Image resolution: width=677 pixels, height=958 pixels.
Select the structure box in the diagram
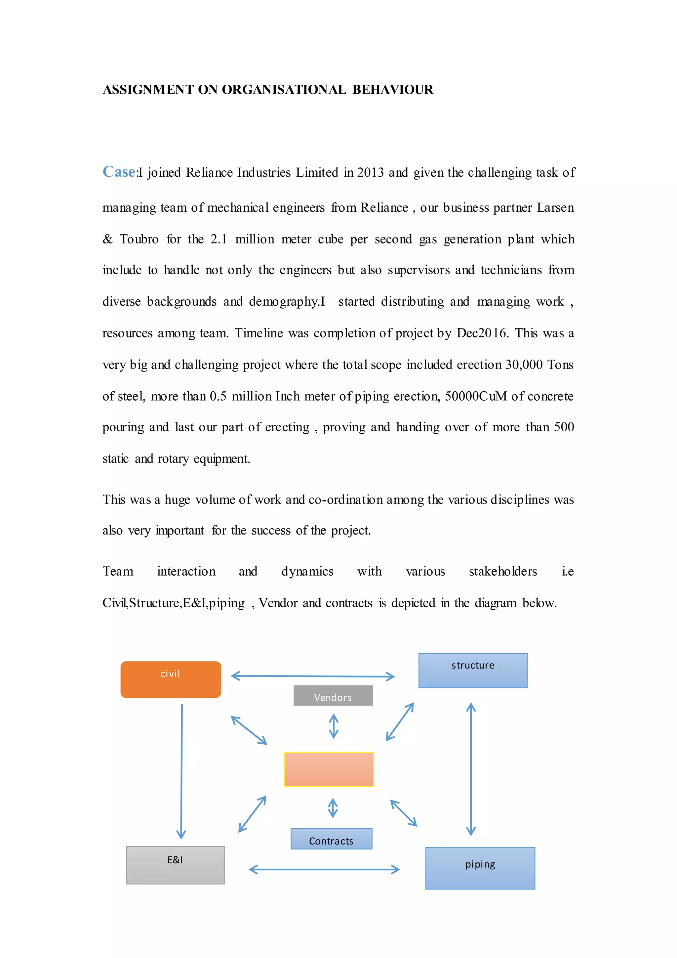tap(473, 670)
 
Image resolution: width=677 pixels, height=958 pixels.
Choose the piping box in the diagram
tap(480, 868)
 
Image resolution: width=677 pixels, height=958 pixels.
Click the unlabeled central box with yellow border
tap(329, 769)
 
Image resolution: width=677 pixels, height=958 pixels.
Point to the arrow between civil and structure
tap(313, 676)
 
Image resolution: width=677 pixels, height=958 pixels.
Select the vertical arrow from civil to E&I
tap(181, 772)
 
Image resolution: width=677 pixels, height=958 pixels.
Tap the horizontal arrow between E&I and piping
tap(324, 870)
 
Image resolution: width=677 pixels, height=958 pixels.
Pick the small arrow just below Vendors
tap(334, 726)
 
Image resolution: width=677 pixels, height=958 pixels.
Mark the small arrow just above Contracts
tap(333, 808)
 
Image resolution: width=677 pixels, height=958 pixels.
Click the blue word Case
tap(119, 171)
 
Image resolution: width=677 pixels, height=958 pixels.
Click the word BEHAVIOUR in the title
tap(393, 90)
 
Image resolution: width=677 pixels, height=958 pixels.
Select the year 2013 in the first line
tap(370, 172)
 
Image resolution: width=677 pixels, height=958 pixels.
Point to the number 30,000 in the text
tap(524, 365)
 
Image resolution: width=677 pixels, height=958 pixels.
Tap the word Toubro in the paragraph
tap(139, 239)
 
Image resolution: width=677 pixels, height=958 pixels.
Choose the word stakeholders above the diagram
tap(503, 571)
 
